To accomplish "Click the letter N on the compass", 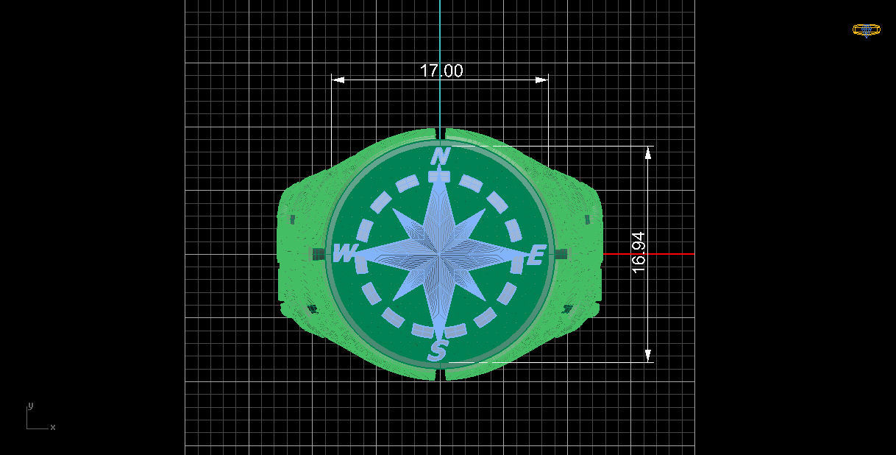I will click(x=440, y=157).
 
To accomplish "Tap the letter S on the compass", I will click(x=438, y=351).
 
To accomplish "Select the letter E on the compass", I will click(x=536, y=255).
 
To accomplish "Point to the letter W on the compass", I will click(x=344, y=254).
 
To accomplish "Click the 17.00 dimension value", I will click(x=441, y=71).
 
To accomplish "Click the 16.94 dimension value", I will click(x=639, y=253).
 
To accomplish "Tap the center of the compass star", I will click(x=440, y=254).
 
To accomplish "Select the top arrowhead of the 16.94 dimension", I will click(x=648, y=152).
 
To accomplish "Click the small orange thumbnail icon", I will click(x=866, y=30).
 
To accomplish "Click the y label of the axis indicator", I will click(x=30, y=406).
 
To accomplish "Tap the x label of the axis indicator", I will click(x=53, y=427).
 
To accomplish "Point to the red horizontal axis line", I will click(x=647, y=254).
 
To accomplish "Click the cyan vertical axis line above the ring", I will click(x=440, y=59).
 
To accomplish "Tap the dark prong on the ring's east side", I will click(x=562, y=254).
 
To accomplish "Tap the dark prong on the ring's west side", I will click(x=318, y=254).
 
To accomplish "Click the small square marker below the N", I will click(x=439, y=177).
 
